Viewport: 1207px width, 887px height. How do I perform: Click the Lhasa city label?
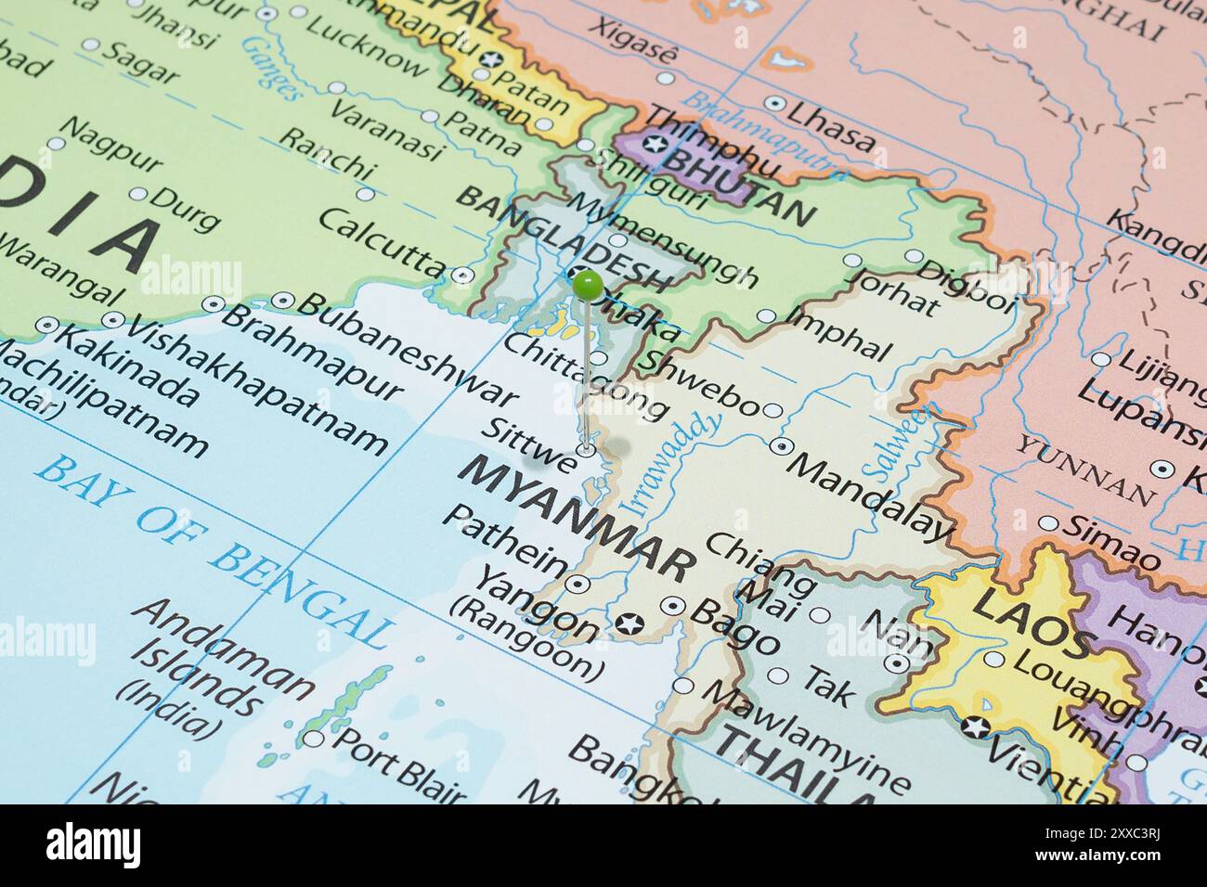click(x=829, y=124)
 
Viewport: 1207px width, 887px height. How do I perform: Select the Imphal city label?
click(x=837, y=331)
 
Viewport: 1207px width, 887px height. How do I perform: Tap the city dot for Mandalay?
click(x=781, y=446)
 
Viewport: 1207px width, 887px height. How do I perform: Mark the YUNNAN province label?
click(x=1083, y=469)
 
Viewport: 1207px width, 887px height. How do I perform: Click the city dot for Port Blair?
click(x=315, y=739)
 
